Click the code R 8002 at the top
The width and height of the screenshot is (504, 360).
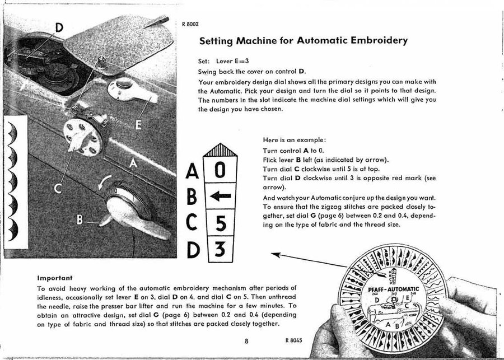(x=190, y=24)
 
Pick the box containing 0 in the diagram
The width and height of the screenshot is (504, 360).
(x=220, y=169)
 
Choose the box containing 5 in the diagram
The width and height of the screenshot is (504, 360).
(x=220, y=223)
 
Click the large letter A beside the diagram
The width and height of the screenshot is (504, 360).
(x=192, y=170)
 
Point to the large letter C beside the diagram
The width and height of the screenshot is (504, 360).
(x=192, y=223)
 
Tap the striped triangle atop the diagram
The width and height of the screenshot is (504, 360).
(x=220, y=149)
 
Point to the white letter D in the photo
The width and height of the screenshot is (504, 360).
(x=59, y=27)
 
